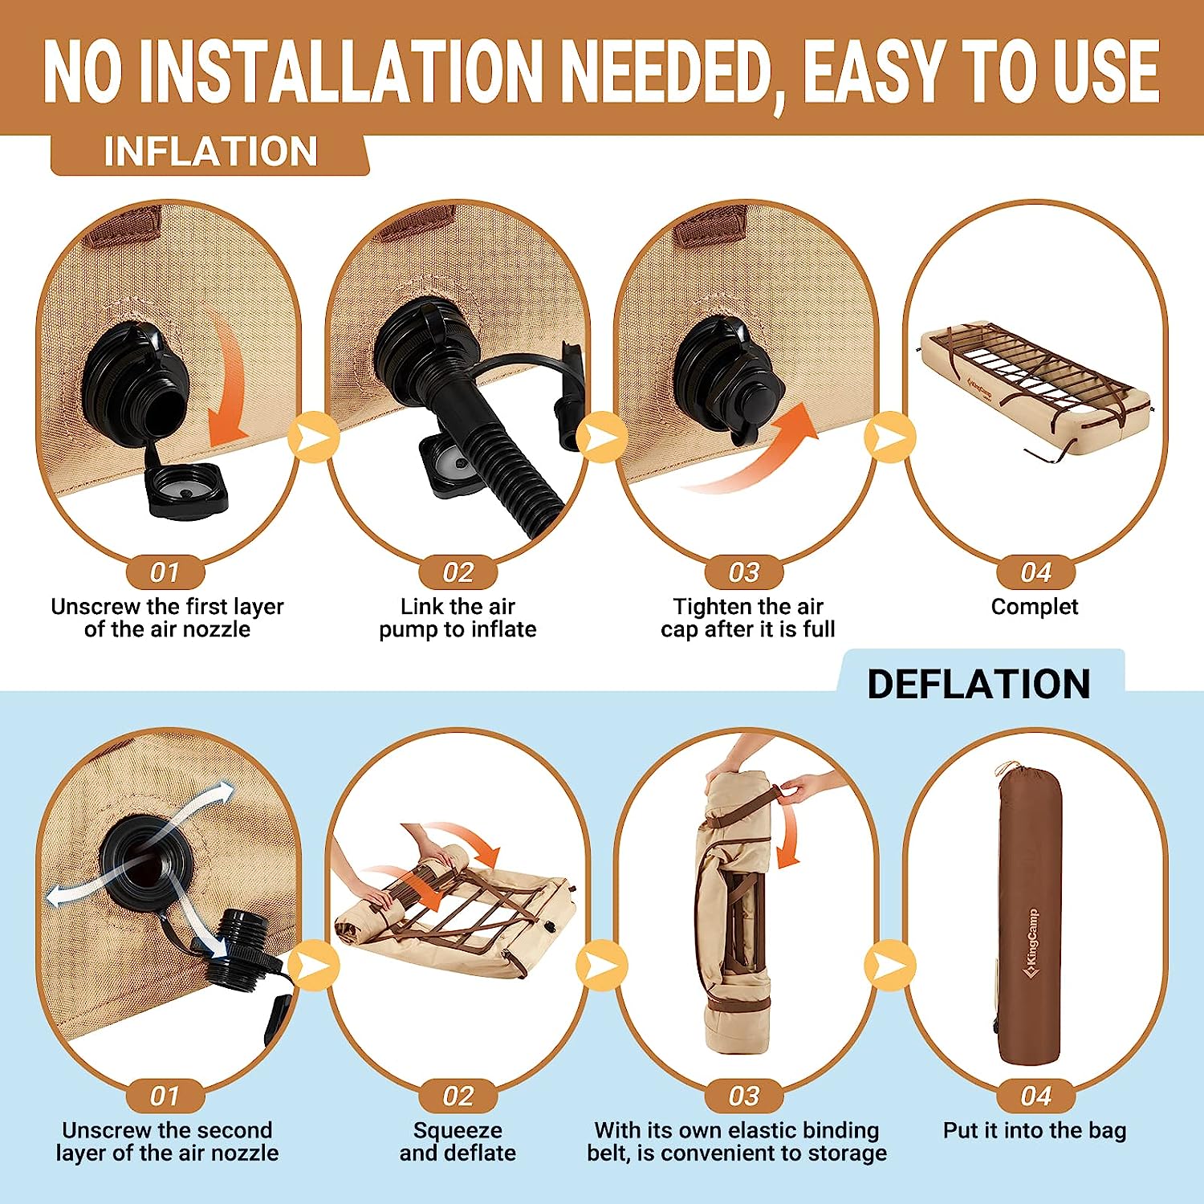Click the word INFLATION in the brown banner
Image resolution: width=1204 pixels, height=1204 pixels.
210,152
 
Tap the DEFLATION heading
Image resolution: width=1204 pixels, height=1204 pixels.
978,685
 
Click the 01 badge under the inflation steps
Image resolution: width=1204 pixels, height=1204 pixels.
165,572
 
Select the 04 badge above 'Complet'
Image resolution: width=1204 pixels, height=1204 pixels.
1035,572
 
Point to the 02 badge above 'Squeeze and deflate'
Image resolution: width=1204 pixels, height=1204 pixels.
458,1096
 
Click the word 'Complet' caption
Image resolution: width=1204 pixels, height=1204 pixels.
1035,607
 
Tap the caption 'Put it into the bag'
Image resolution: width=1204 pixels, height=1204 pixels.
1035,1130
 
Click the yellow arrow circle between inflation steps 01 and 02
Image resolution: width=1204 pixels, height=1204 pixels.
313,437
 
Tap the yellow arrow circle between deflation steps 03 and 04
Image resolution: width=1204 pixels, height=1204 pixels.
890,966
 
